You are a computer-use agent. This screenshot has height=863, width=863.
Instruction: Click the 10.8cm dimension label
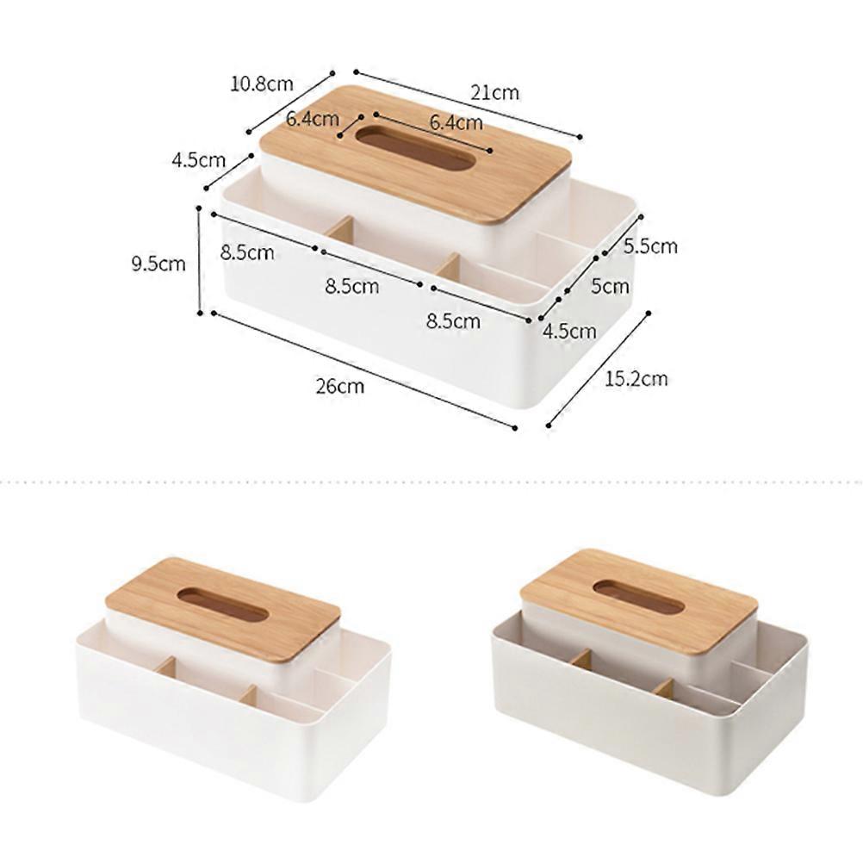point(262,84)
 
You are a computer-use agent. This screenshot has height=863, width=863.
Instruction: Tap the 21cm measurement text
point(494,92)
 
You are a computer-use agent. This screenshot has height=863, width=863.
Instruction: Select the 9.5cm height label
point(158,264)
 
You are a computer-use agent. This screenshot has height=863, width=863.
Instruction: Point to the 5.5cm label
point(650,245)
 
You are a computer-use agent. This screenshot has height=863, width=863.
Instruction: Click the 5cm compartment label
point(610,286)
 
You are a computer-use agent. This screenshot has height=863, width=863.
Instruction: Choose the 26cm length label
point(340,386)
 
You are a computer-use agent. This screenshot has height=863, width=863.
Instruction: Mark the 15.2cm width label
point(636,379)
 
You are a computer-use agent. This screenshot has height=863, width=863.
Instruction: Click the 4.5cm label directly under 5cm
point(569,331)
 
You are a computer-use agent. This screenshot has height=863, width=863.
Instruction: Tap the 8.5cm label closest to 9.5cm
point(247,252)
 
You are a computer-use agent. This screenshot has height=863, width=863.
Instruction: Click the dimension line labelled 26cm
point(364,370)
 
